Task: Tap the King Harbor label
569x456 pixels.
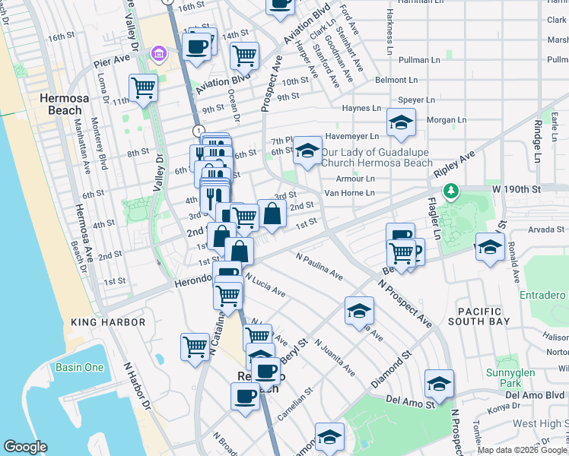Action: click(107, 322)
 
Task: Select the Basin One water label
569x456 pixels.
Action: click(79, 368)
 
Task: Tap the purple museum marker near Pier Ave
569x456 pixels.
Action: click(158, 54)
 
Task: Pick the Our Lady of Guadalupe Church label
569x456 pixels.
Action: click(377, 157)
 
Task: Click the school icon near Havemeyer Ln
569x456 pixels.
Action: click(400, 122)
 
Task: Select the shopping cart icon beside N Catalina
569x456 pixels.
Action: click(195, 346)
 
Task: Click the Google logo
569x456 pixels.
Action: click(26, 446)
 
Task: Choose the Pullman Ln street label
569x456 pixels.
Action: click(415, 59)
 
